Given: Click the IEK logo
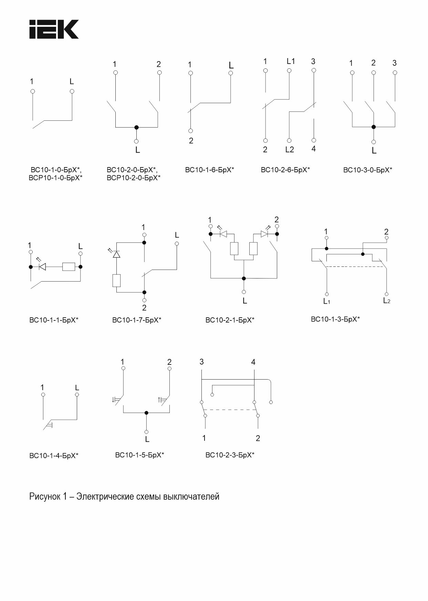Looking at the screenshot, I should [x=54, y=29].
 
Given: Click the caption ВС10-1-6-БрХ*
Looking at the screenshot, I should [x=209, y=170].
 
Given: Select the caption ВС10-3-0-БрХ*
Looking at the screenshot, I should [x=367, y=170].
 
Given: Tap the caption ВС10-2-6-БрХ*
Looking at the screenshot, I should [x=285, y=170].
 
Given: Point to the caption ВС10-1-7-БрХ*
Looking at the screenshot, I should [x=137, y=320].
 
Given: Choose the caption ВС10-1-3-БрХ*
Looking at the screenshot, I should [x=335, y=319].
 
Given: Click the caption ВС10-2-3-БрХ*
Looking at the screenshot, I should [x=230, y=455].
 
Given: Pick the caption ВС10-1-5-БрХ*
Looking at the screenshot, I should [x=139, y=455].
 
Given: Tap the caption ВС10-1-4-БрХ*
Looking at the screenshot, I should [x=54, y=456].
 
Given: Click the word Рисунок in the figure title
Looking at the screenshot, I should [x=44, y=496].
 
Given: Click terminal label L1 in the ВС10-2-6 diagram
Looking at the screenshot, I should [x=291, y=61].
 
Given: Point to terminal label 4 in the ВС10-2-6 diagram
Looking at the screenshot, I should [x=313, y=149].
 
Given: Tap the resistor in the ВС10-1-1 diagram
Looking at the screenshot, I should [x=69, y=267].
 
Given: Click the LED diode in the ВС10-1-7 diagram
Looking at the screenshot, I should [x=116, y=254].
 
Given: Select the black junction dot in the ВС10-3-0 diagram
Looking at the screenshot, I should [x=374, y=127].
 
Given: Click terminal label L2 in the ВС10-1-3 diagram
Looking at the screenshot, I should [x=387, y=300].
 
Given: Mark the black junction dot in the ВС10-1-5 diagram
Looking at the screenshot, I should [x=146, y=413].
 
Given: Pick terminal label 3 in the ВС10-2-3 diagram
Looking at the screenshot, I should [x=201, y=362].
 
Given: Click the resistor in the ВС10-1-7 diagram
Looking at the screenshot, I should [x=116, y=281].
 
